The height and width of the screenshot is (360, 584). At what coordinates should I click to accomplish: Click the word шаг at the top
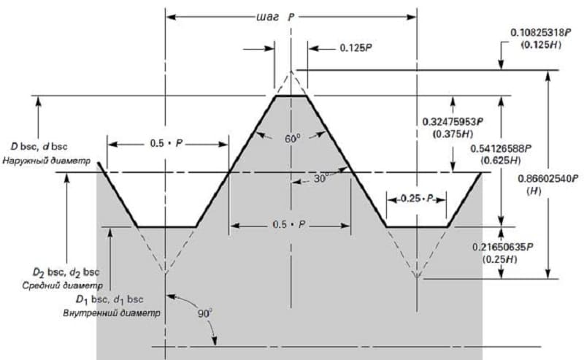(267, 18)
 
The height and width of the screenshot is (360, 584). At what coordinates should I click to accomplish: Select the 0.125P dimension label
(356, 48)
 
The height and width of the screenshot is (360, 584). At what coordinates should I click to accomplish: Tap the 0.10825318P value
(540, 32)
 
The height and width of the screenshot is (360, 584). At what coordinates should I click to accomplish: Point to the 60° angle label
(293, 139)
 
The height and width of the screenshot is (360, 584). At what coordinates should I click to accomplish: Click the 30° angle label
(321, 178)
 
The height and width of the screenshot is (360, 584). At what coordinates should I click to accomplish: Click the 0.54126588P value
(501, 148)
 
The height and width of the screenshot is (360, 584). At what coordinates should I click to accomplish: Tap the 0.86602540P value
(548, 178)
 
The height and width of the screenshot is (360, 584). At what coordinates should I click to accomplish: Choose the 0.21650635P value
(503, 247)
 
